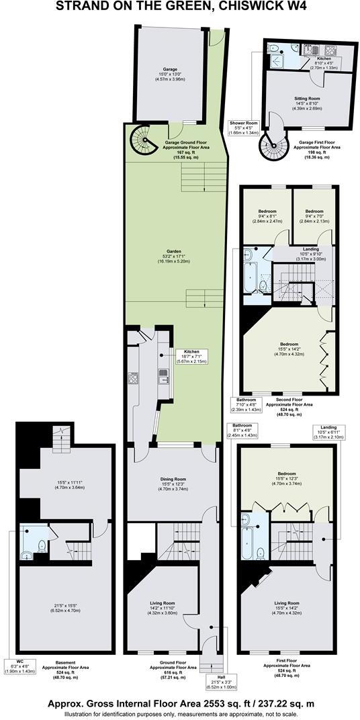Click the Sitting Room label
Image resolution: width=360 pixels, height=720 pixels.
pos(306,98)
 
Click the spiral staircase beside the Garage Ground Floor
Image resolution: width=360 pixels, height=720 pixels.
pos(143,140)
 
